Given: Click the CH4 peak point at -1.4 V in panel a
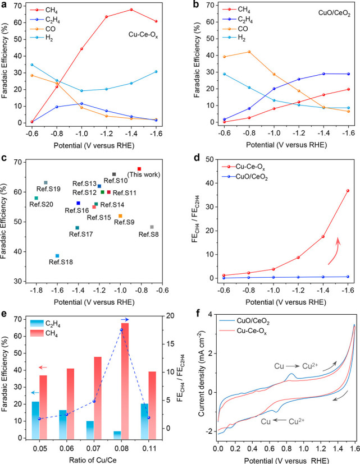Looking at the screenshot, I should [x=131, y=10].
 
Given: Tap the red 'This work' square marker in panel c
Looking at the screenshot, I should [x=139, y=169].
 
